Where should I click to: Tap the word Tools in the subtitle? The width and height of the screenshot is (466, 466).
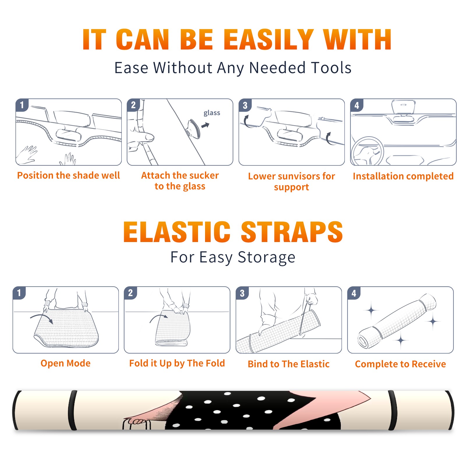coord(331,68)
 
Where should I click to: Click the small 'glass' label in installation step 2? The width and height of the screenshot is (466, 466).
coord(212,113)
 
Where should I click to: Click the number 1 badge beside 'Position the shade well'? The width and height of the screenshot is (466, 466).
coord(22,105)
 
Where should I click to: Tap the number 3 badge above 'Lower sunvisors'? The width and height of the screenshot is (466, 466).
coord(245,105)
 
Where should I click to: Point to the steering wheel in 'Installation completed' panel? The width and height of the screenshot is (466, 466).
coord(367,151)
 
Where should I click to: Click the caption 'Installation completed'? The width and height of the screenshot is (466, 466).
coord(403,176)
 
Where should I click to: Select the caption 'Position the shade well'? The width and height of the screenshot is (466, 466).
coord(68,175)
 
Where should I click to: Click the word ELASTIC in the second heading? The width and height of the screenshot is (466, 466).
coord(177,232)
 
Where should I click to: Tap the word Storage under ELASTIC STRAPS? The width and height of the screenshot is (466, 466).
coord(266,257)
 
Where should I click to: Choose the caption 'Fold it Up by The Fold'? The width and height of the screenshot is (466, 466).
coord(177,363)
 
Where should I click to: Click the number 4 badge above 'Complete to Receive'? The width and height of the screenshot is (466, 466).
coord(354,293)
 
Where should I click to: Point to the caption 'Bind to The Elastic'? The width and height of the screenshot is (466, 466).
coord(289,364)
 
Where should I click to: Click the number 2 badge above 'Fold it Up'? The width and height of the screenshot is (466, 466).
coord(130,293)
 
